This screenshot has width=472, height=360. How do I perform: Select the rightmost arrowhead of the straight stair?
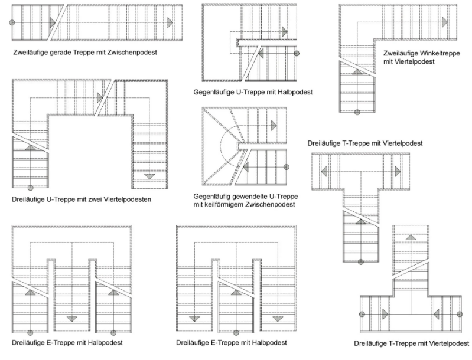pyautogui.click(x=170, y=22)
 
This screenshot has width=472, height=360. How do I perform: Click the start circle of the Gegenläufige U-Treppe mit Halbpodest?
pyautogui.click(x=297, y=53)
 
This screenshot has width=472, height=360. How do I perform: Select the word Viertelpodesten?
pyautogui.click(x=125, y=199)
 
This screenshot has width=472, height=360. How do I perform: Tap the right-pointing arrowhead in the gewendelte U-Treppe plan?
pyautogui.click(x=274, y=125)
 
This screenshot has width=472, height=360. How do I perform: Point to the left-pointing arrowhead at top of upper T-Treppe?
pyautogui.click(x=324, y=171)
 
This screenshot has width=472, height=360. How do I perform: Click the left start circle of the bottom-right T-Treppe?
pyautogui.click(x=363, y=313)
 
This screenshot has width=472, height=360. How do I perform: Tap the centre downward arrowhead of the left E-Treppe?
pyautogui.click(x=72, y=319)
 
